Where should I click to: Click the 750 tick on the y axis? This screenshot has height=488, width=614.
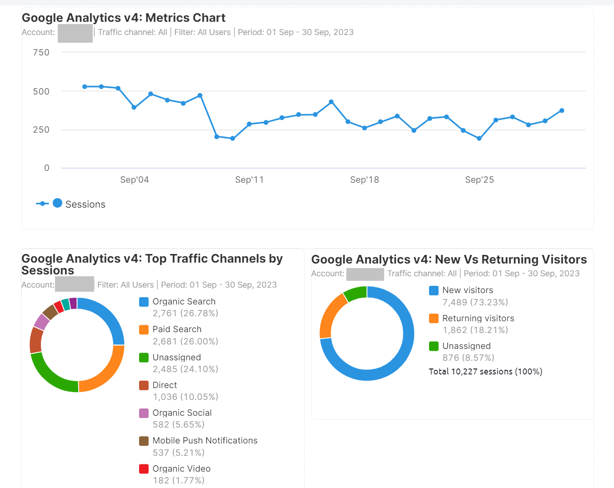(41, 53)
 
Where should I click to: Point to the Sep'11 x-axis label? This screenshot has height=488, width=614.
(249, 180)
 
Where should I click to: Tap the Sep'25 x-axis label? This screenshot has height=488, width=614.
(479, 180)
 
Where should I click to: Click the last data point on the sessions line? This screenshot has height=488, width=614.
(562, 110)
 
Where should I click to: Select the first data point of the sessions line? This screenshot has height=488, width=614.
(85, 86)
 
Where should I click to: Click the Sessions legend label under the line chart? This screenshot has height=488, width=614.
(85, 204)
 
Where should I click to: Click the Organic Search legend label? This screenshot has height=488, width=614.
(184, 302)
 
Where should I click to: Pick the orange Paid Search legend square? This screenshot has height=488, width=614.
(144, 329)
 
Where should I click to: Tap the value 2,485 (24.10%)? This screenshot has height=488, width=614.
(185, 369)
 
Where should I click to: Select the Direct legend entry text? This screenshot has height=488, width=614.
(165, 385)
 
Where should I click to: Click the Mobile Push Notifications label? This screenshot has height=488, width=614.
(205, 441)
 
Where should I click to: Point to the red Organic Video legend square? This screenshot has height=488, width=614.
(144, 468)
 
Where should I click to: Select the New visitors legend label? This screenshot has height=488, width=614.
(467, 290)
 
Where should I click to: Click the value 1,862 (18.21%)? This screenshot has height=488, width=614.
(475, 330)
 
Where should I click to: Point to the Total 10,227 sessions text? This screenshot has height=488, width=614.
(485, 372)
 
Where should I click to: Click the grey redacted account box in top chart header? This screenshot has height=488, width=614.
(75, 33)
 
